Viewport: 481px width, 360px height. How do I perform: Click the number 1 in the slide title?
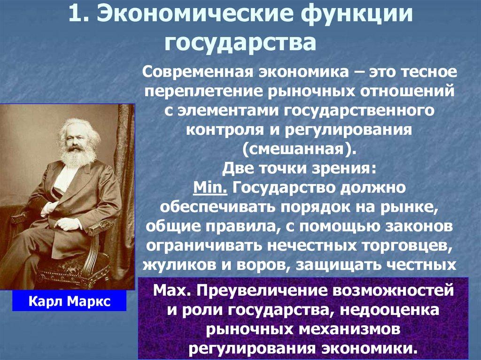tap(75, 15)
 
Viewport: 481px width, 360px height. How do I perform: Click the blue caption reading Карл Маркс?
tap(69, 300)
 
